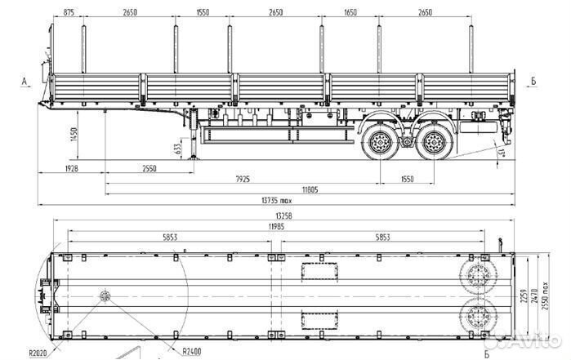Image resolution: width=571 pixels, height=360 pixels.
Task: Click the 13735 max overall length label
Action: coord(276,200)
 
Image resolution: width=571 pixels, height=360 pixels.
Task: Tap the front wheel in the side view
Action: coord(380,145)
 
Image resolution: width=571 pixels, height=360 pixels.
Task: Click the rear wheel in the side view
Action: coord(432,145)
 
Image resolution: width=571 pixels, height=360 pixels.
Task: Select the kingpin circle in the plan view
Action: coord(104,296)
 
